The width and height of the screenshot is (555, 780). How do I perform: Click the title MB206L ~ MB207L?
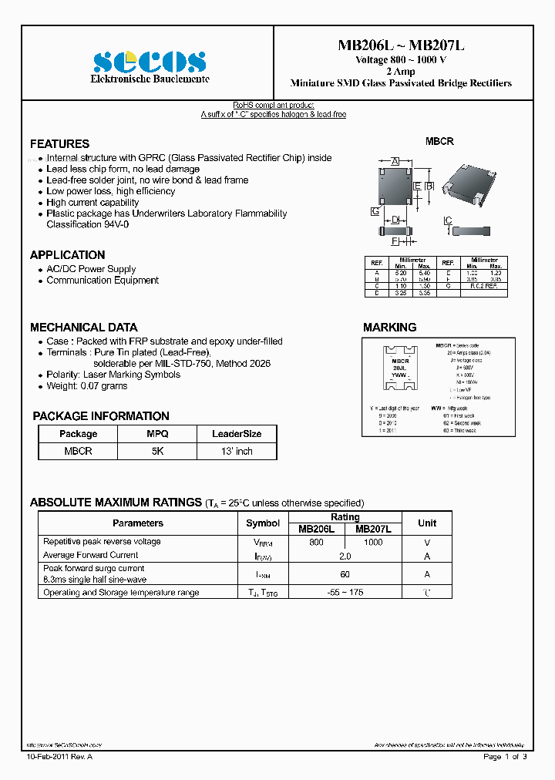click(x=400, y=45)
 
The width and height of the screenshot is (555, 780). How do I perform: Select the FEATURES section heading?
click(x=59, y=144)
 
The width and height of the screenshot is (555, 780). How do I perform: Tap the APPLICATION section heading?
click(x=67, y=255)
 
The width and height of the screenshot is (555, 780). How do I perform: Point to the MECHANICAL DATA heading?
click(x=83, y=327)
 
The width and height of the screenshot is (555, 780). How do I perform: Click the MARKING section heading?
click(x=389, y=327)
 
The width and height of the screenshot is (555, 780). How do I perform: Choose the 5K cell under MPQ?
click(x=157, y=451)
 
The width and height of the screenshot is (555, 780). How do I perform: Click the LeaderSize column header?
click(x=237, y=434)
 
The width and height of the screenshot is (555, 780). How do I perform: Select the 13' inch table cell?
click(x=237, y=451)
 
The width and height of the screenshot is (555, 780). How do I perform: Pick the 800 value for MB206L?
click(x=316, y=542)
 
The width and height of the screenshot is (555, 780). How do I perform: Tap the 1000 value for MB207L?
click(x=373, y=542)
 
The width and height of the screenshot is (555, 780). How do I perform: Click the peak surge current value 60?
click(x=345, y=573)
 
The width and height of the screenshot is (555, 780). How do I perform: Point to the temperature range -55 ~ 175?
click(x=345, y=593)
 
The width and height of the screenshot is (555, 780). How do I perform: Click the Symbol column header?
click(x=263, y=523)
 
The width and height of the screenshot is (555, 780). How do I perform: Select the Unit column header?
click(x=426, y=523)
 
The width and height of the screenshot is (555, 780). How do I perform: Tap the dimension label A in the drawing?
click(x=395, y=161)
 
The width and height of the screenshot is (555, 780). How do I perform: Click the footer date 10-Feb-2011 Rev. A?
click(x=59, y=756)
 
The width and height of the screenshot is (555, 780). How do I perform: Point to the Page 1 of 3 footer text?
click(x=505, y=756)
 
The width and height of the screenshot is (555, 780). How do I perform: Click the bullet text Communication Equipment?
click(x=103, y=281)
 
